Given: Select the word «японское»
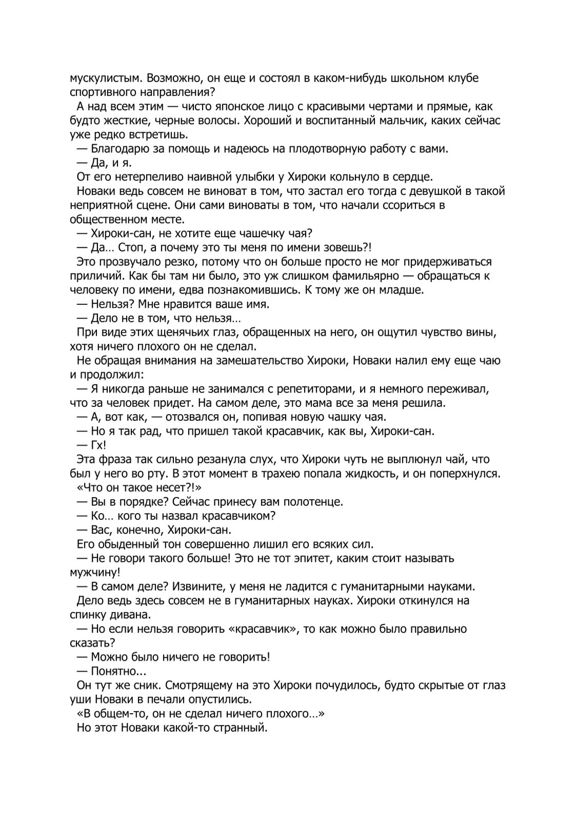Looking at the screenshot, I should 239,107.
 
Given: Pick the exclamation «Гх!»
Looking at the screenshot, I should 98,445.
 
